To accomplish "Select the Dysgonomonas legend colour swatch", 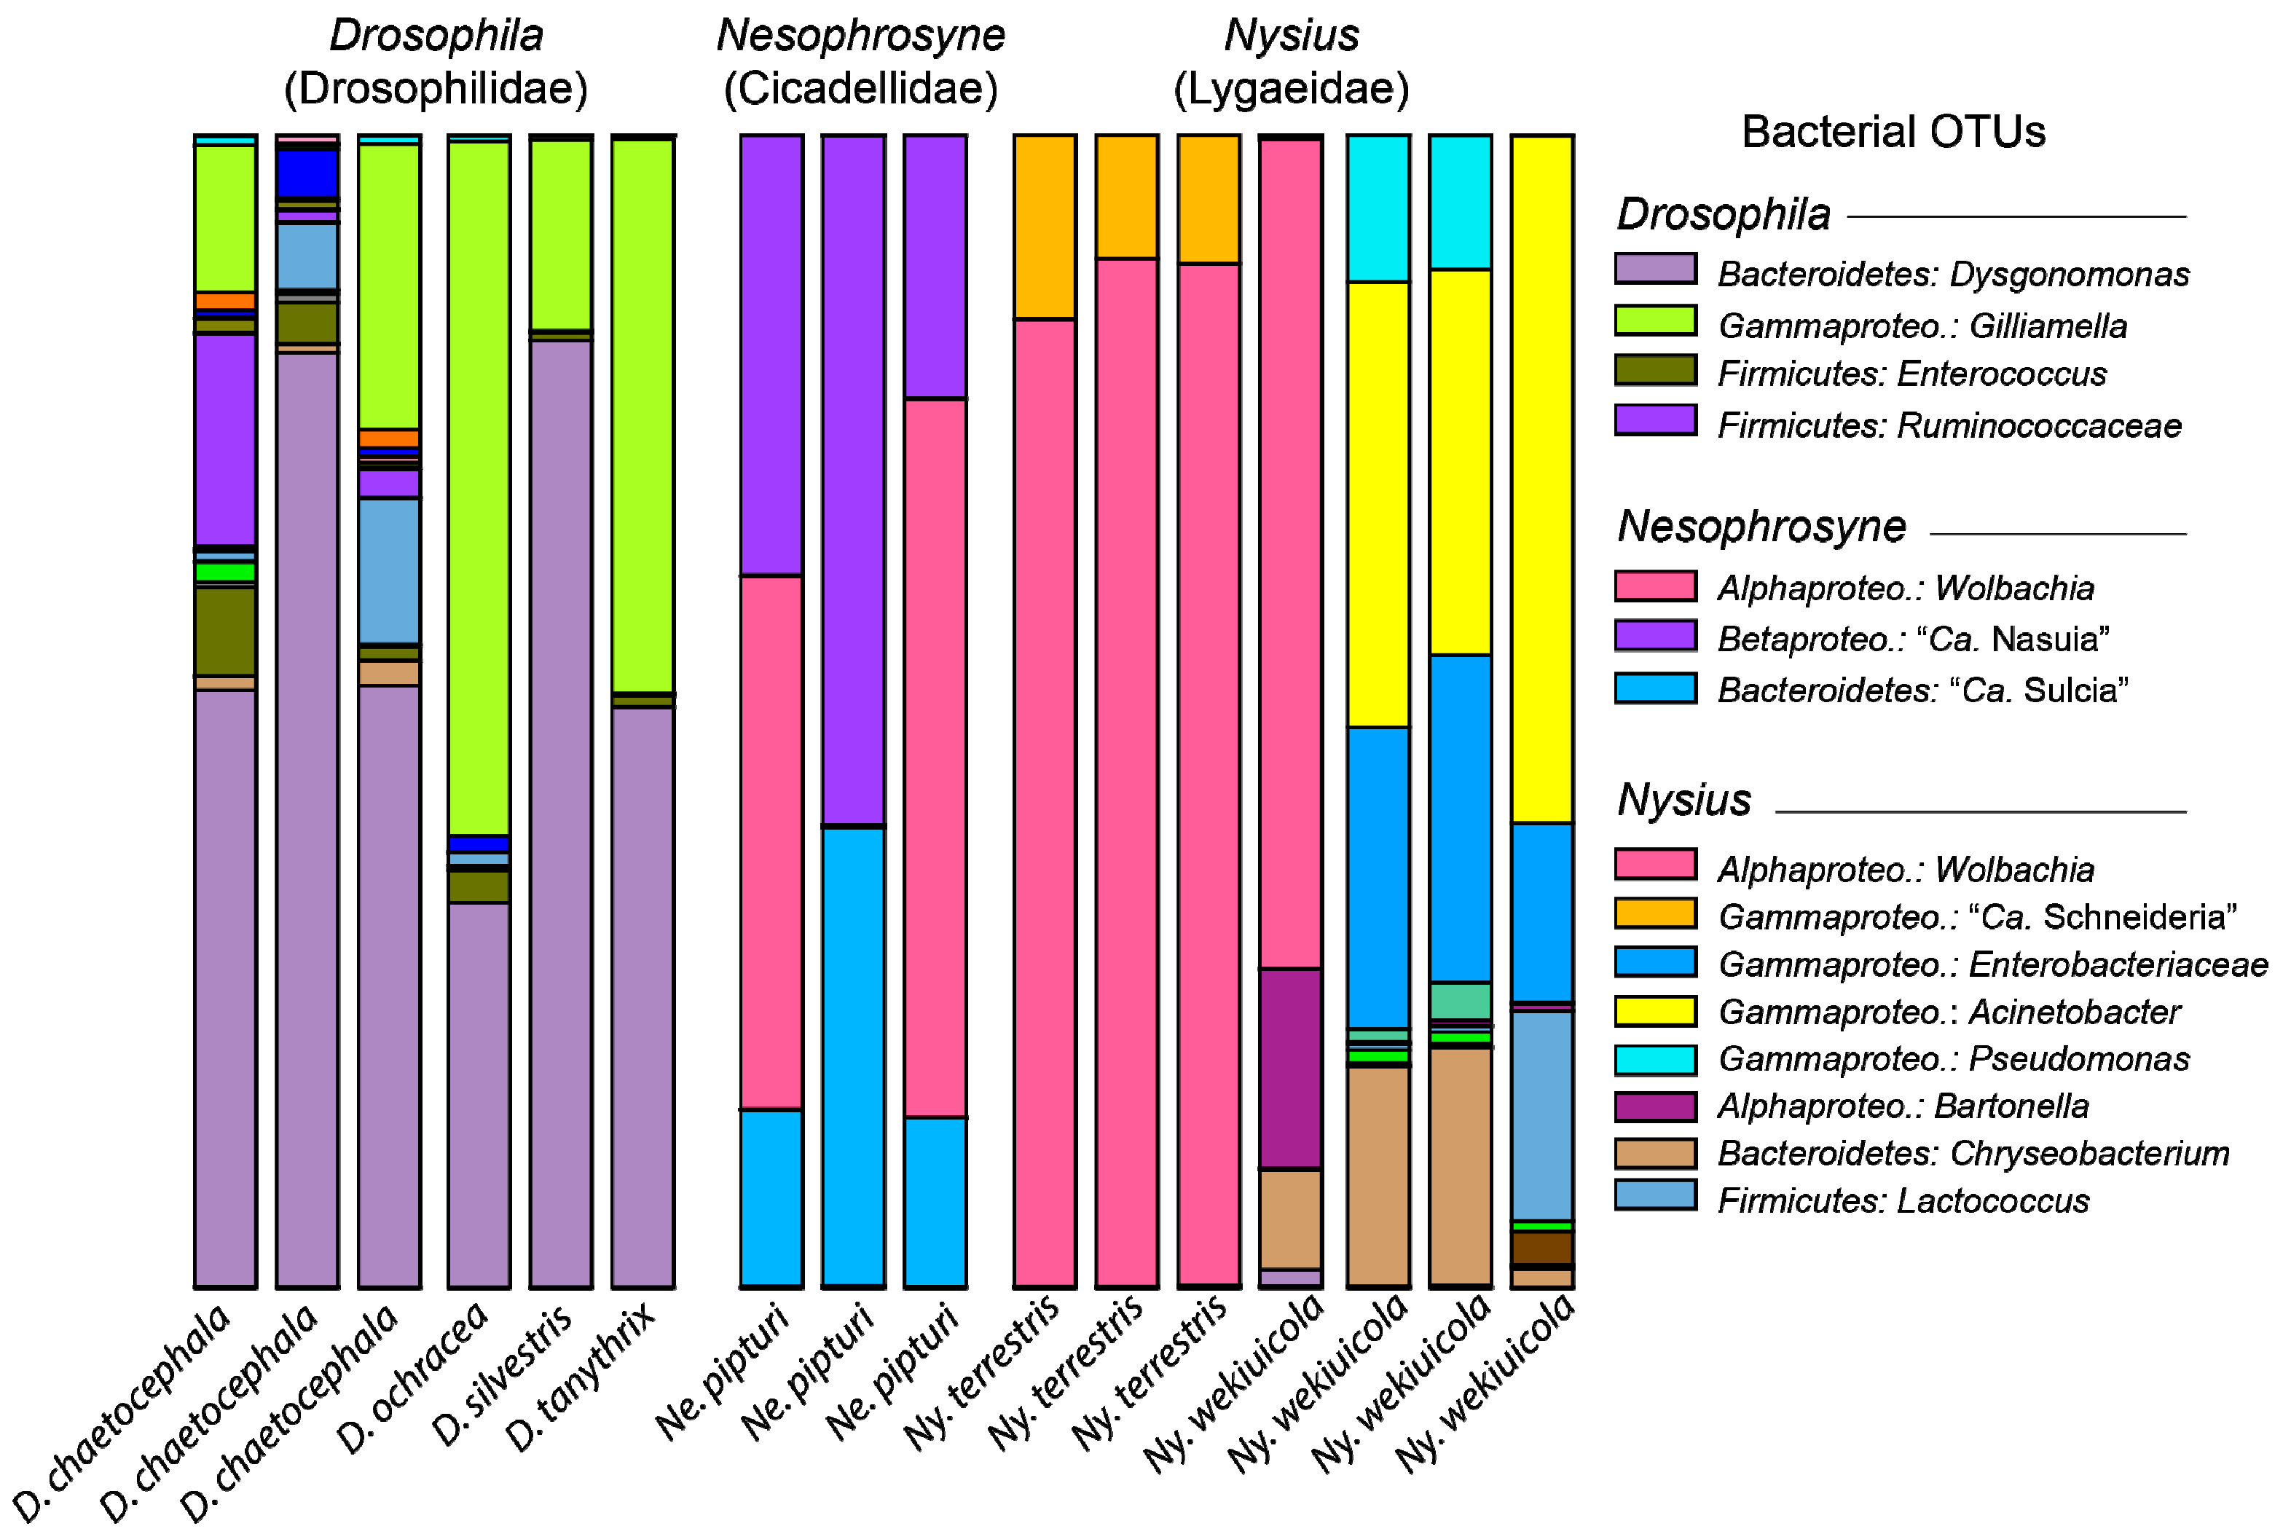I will tap(1655, 269).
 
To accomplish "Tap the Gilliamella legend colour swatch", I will tap(1655, 320).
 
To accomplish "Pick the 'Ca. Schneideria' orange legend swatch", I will tap(1655, 913).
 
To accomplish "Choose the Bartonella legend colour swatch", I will tap(1655, 1106).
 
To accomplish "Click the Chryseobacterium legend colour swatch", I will tap(1655, 1154).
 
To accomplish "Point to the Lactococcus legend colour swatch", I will tap(1655, 1195).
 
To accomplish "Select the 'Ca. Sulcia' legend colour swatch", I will tap(1655, 688).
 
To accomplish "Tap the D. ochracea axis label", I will tap(411, 1380).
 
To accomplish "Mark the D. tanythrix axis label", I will tap(579, 1380).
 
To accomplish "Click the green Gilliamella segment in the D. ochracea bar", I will tap(479, 489).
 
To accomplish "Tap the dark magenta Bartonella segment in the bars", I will tap(1290, 1069).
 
